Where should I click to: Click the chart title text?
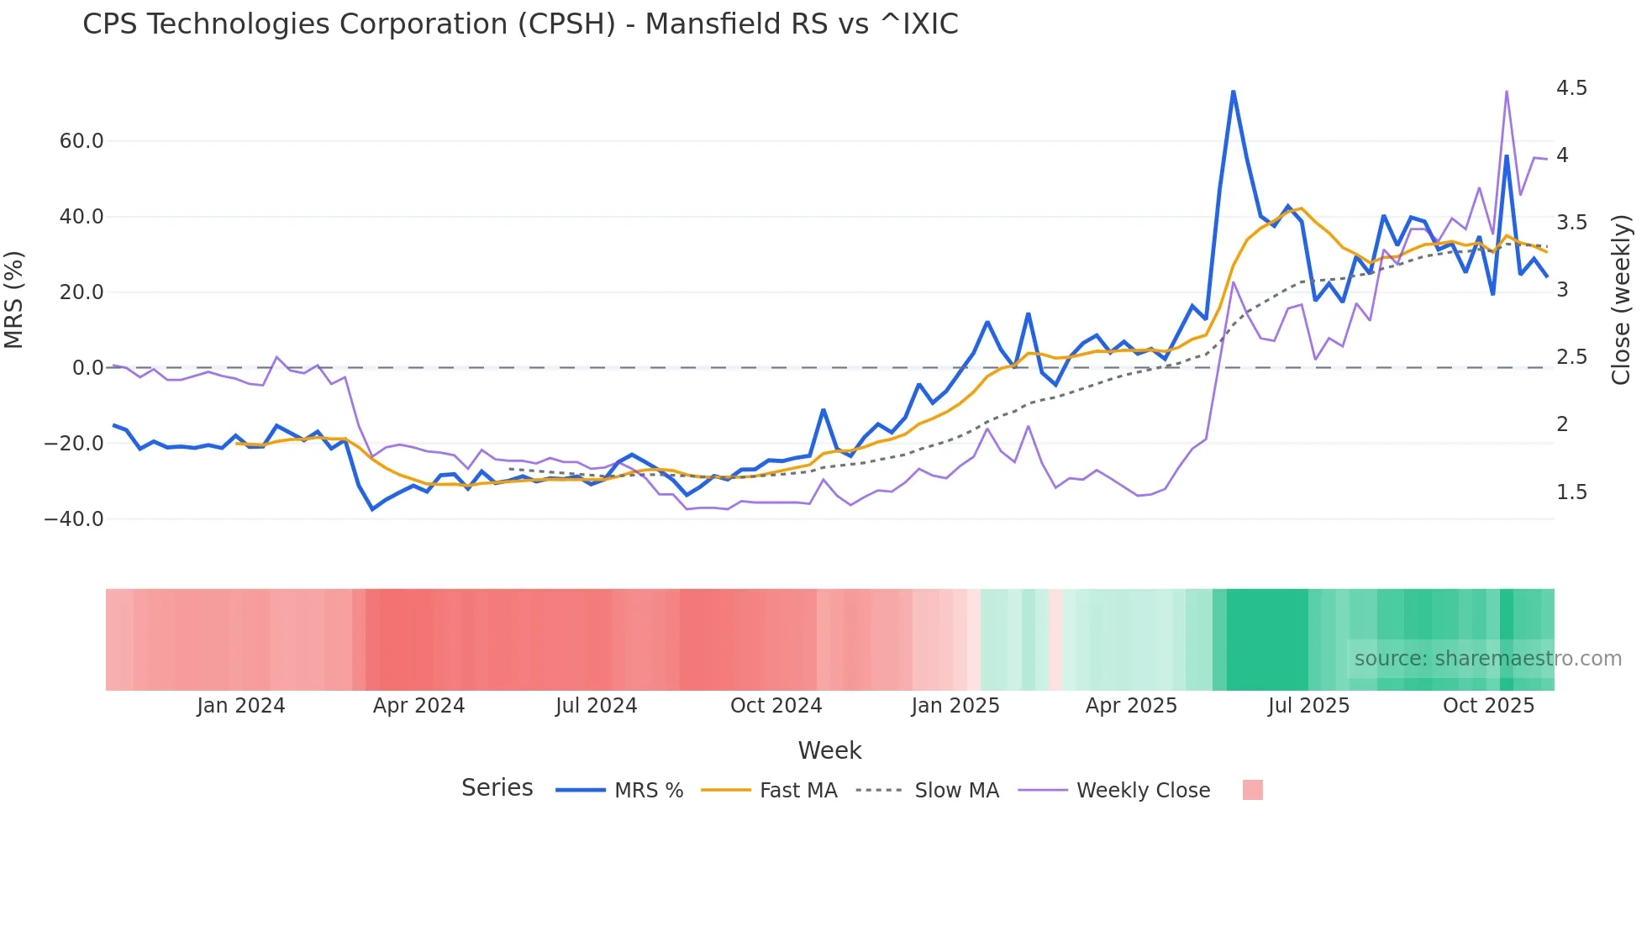520,24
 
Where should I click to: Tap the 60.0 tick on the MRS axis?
82,141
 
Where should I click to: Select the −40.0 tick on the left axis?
74,519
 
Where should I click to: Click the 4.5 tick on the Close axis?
1571,88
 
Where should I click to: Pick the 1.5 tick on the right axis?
1571,492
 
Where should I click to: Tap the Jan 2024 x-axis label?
241,706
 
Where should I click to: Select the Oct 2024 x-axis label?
776,706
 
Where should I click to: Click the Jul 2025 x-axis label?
1308,706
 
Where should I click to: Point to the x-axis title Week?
829,750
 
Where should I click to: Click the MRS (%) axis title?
14,299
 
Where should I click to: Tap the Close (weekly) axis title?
1621,299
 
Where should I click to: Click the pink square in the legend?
1252,790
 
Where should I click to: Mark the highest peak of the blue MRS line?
1233,92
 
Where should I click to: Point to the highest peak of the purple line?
1507,92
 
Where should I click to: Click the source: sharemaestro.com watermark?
1487,659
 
